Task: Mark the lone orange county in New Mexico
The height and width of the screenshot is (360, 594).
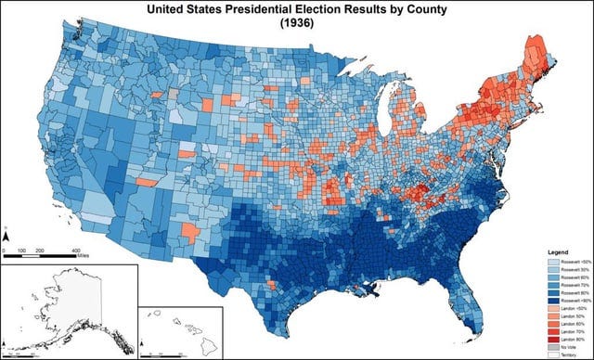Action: click(189, 233)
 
